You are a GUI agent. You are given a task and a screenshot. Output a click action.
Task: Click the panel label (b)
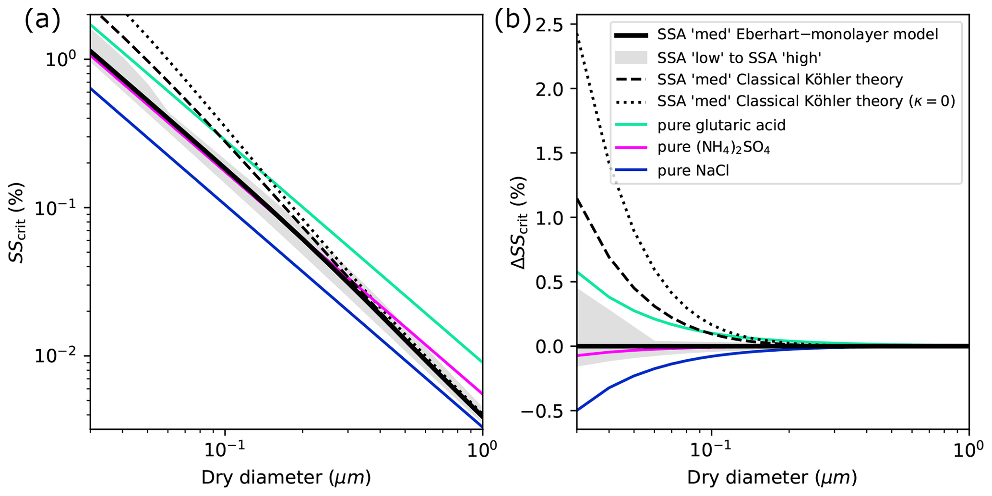513,21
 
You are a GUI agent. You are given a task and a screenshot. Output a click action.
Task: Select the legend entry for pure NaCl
693,170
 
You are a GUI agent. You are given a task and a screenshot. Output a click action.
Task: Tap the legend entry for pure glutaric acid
721,125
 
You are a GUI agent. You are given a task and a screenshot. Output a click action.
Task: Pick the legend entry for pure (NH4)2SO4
714,148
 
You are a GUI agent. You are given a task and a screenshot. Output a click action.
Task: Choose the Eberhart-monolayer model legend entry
798,35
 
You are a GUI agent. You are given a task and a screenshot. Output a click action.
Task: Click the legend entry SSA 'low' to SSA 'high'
740,58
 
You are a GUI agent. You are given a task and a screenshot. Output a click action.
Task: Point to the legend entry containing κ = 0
806,102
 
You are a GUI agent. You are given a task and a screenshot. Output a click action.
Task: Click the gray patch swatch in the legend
631,58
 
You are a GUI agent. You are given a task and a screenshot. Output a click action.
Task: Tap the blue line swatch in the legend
631,170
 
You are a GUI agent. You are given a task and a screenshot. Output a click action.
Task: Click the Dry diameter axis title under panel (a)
286,478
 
